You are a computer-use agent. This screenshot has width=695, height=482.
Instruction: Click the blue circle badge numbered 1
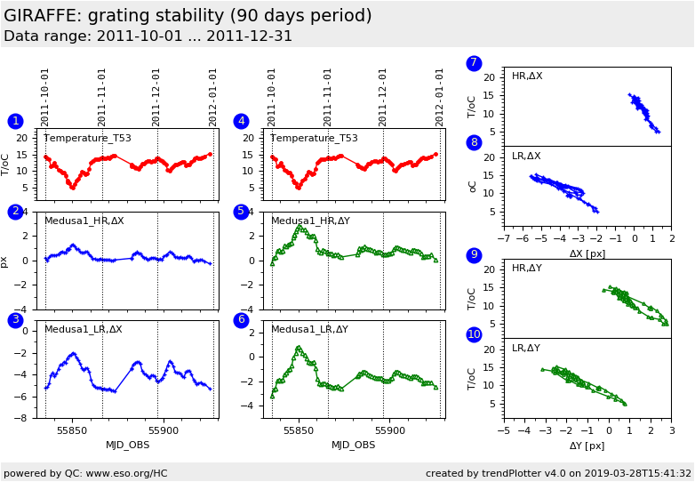(x=15, y=121)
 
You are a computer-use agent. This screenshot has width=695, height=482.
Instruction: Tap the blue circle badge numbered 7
(x=474, y=63)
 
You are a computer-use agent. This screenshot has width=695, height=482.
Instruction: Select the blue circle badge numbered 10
(x=474, y=334)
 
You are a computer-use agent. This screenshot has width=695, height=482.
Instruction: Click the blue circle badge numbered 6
(x=241, y=320)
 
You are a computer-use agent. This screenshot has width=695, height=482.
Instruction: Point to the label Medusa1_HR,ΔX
(x=84, y=221)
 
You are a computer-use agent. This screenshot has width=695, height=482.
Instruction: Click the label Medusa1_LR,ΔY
(x=310, y=329)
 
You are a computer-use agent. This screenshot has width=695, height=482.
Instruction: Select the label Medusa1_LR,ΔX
(x=84, y=329)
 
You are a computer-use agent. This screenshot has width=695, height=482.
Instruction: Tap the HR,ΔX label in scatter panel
(x=527, y=76)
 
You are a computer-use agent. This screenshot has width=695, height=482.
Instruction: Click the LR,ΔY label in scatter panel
(x=526, y=349)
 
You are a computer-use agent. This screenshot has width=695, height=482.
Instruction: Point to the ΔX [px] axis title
(x=587, y=253)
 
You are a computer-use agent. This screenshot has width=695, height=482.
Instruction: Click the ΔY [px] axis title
(x=587, y=446)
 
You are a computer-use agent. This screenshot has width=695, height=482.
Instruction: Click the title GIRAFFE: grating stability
(x=188, y=16)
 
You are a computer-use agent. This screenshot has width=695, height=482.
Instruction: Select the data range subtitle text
(x=148, y=36)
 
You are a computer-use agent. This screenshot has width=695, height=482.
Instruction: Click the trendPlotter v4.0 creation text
(x=558, y=473)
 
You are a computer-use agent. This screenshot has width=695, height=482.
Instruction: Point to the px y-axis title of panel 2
(x=5, y=261)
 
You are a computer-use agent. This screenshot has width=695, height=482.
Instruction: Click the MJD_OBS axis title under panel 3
(x=128, y=445)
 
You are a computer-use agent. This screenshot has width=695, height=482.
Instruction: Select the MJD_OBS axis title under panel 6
(x=354, y=445)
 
